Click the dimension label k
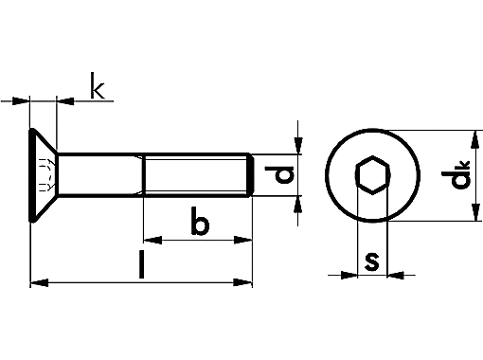coord(97,87)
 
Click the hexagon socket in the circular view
coord(372,175)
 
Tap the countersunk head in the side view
coord(44,175)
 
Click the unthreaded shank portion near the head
coord(98,175)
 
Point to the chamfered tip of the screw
coord(252,175)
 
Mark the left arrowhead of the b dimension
coord(149,241)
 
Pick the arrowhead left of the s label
coord(349,276)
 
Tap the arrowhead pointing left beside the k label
coord(65,98)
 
